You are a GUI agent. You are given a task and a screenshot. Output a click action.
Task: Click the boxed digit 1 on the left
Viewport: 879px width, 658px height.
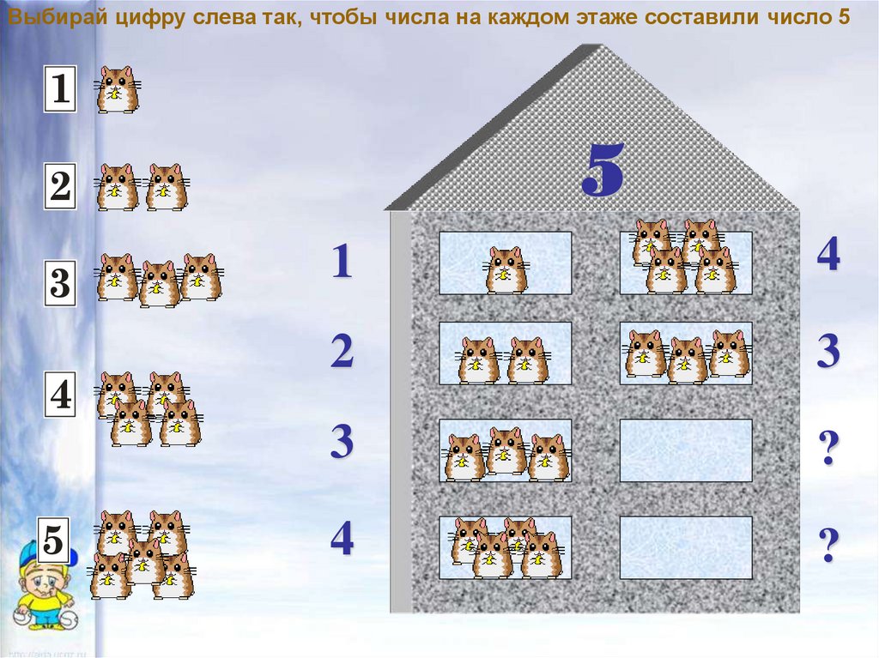(61, 88)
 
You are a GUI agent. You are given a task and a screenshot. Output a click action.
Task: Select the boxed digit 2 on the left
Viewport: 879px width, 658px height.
(61, 186)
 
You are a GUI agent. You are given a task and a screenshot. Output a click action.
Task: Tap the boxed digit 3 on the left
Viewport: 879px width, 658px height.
(61, 283)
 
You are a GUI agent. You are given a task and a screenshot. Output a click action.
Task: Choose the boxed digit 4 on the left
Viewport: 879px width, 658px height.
(61, 395)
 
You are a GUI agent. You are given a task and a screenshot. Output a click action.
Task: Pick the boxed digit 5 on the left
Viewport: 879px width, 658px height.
(54, 540)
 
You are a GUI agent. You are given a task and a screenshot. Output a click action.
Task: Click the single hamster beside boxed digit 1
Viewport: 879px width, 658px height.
(117, 90)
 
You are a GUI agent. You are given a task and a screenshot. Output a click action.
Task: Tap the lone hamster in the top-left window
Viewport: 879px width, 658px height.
(505, 270)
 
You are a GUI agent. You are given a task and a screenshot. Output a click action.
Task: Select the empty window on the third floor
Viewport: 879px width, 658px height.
(686, 450)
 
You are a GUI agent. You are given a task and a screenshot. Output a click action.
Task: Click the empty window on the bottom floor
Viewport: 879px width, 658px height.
(686, 547)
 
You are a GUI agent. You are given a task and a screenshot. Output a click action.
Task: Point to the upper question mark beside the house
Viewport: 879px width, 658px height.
(829, 448)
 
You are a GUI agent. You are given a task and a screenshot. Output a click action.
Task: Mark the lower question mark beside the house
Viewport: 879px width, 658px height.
(829, 544)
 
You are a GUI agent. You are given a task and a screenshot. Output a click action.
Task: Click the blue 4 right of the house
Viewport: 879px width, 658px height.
(828, 253)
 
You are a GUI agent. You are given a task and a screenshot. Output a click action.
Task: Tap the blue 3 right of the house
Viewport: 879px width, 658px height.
(828, 351)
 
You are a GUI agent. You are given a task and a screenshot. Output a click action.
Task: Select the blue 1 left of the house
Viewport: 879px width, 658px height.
(343, 261)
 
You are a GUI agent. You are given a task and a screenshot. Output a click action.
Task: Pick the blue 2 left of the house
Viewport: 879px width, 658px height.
(342, 351)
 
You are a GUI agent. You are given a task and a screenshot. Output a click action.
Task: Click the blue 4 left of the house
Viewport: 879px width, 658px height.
(342, 538)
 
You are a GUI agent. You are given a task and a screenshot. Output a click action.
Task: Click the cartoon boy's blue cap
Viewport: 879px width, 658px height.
(40, 555)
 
